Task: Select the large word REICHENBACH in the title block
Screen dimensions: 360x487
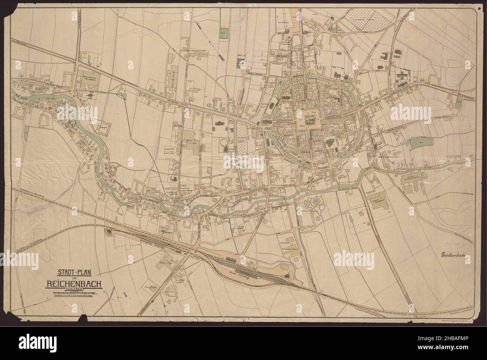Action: [74, 284]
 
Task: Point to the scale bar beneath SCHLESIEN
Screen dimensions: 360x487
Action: [74, 293]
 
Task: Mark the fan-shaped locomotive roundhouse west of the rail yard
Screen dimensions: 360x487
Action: [110, 232]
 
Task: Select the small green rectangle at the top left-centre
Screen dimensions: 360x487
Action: [224, 33]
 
